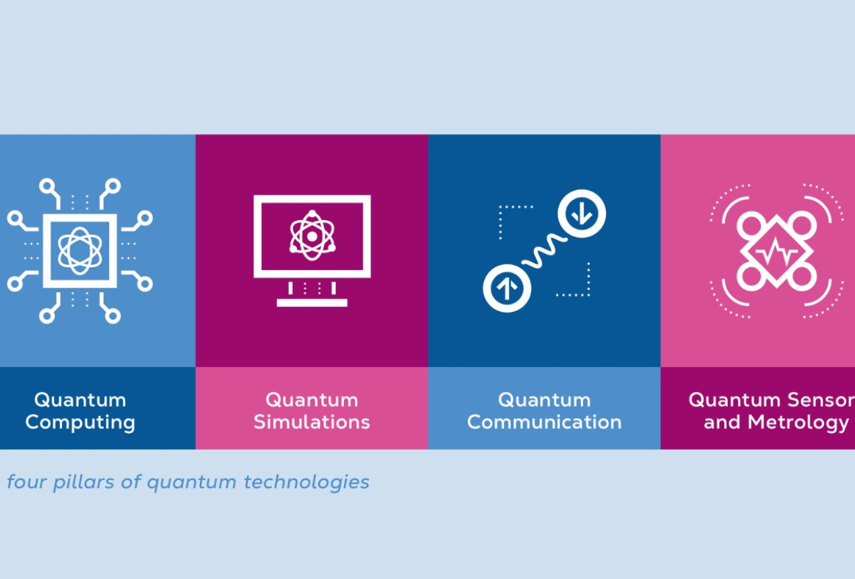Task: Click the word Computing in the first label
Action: [x=80, y=423]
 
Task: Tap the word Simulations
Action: [x=312, y=423]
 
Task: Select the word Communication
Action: [x=544, y=423]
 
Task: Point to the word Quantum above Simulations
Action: [x=312, y=400]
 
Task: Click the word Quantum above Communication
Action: [x=544, y=400]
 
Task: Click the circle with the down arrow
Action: [x=582, y=214]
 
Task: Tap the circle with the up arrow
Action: [x=507, y=289]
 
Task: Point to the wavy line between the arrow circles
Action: [x=544, y=252]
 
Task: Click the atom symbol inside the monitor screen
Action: [x=312, y=236]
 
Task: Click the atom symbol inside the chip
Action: [x=80, y=250]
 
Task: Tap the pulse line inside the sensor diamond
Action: [x=776, y=252]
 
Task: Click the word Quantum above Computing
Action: [x=80, y=400]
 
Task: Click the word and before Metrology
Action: [x=721, y=423]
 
